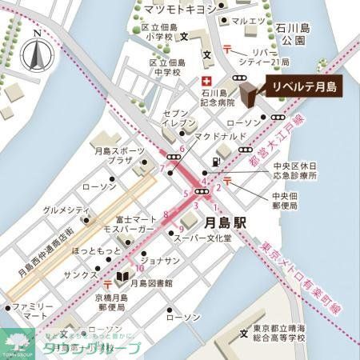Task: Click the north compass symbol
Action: (36, 54)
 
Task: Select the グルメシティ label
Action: (66, 209)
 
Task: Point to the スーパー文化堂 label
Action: (226, 238)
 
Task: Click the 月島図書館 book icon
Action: (122, 280)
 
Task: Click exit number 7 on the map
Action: (162, 168)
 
